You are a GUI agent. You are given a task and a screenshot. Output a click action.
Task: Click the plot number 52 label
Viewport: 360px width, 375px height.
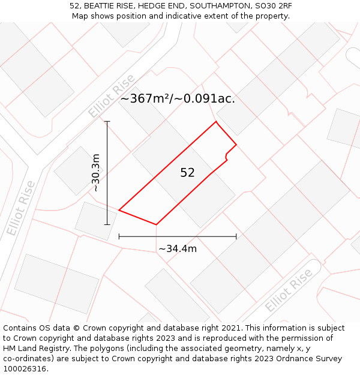pyautogui.click(x=187, y=173)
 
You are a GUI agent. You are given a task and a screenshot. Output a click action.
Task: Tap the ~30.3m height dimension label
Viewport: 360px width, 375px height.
pyautogui.click(x=95, y=173)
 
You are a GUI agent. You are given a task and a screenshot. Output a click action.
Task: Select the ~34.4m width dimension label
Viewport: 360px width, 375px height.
pyautogui.click(x=178, y=248)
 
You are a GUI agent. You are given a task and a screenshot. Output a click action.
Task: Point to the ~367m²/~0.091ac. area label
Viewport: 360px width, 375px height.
pyautogui.click(x=178, y=99)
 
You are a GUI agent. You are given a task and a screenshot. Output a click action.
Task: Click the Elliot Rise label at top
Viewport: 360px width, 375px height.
pyautogui.click(x=112, y=96)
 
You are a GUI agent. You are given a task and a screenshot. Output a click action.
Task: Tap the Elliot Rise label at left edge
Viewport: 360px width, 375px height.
pyautogui.click(x=21, y=208)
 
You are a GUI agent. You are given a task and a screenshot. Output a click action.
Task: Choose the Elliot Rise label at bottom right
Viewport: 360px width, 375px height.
pyautogui.click(x=289, y=290)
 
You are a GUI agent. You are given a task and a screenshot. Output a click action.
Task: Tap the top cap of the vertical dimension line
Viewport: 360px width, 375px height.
pyautogui.click(x=107, y=122)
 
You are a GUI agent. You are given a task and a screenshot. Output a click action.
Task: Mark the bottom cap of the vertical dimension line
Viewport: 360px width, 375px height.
pyautogui.click(x=107, y=224)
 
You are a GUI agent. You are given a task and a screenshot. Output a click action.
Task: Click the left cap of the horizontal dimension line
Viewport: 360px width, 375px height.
pyautogui.click(x=119, y=236)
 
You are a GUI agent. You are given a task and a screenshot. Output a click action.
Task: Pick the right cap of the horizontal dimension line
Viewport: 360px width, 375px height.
pyautogui.click(x=236, y=236)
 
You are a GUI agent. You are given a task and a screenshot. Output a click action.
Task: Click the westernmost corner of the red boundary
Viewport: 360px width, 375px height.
pyautogui.click(x=119, y=211)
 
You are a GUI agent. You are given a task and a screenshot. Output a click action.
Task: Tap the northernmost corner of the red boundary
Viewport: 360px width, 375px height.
pyautogui.click(x=216, y=122)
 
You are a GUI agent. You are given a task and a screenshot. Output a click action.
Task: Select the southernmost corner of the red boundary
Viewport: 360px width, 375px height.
pyautogui.click(x=157, y=224)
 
